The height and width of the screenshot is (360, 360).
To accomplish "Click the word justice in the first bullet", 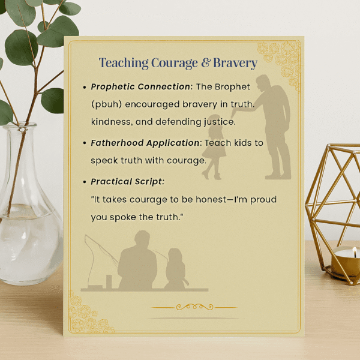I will tap(215, 122).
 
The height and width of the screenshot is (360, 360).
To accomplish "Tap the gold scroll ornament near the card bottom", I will tap(194, 307).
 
